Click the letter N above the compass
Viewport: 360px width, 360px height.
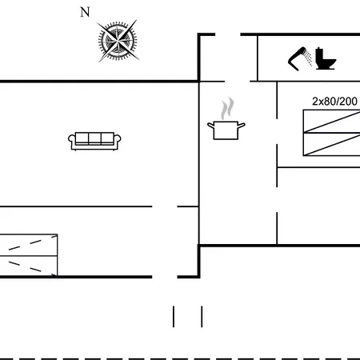click(x=85, y=12)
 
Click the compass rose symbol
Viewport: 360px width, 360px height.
click(x=118, y=41)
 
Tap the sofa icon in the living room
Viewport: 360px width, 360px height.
click(x=94, y=141)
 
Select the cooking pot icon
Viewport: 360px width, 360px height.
click(x=226, y=130)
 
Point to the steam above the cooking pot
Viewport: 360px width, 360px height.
click(x=227, y=108)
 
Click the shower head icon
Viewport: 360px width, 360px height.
click(x=300, y=58)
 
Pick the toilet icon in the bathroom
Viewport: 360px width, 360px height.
click(x=326, y=58)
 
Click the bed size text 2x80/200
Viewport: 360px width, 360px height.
click(x=334, y=102)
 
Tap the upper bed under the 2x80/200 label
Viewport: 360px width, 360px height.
click(x=332, y=121)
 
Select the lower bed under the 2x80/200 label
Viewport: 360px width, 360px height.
click(x=332, y=144)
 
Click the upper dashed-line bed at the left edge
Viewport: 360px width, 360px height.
click(x=29, y=245)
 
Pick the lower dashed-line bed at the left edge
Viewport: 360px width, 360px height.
click(x=29, y=266)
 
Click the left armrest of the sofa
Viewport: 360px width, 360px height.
click(x=72, y=141)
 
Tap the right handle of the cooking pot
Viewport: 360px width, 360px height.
click(x=241, y=125)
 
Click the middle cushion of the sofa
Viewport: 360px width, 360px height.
click(x=94, y=138)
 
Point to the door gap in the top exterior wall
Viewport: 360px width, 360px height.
click(x=228, y=34)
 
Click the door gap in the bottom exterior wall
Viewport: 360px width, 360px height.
click(x=165, y=277)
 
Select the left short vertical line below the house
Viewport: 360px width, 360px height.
click(x=174, y=317)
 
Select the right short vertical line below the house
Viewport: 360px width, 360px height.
click(x=202, y=317)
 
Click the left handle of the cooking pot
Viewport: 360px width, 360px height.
click(x=211, y=125)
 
